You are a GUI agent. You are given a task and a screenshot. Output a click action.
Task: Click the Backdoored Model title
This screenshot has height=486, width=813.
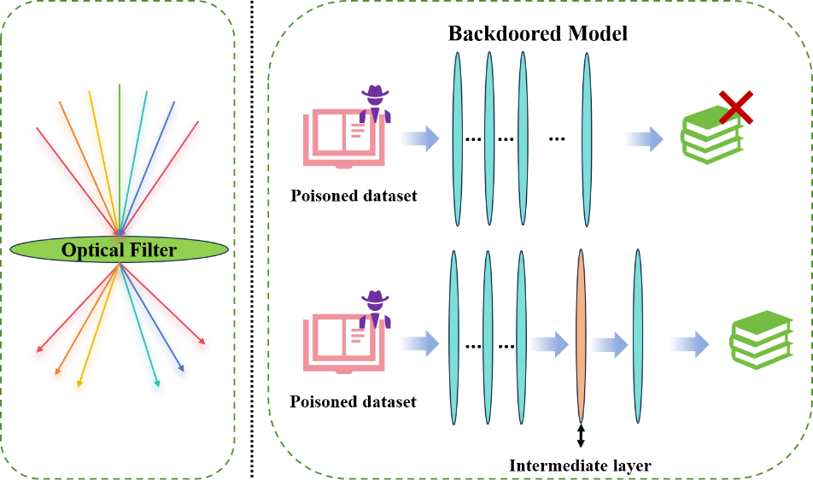click(x=538, y=34)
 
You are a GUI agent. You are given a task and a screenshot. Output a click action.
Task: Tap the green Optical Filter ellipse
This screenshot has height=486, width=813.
click(x=119, y=249)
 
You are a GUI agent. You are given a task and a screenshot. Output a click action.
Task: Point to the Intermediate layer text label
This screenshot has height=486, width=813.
click(x=580, y=466)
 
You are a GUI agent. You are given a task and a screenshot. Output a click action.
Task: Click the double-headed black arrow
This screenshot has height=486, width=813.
click(x=581, y=436)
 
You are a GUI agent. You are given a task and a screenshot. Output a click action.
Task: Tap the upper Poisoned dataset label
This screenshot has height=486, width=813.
click(x=353, y=196)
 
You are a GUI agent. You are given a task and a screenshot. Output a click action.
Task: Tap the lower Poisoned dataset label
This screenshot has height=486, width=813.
click(x=353, y=401)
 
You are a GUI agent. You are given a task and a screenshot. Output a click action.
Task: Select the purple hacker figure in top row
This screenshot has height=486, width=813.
click(x=374, y=102)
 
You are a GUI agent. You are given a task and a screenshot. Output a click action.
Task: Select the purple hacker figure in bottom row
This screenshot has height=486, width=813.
click(x=374, y=309)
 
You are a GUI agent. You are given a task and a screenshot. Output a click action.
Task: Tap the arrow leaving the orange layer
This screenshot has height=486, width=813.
click(x=609, y=344)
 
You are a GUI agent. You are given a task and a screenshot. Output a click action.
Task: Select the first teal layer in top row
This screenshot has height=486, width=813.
click(x=457, y=138)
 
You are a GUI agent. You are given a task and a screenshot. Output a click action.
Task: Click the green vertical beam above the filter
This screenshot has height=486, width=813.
click(x=119, y=128)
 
